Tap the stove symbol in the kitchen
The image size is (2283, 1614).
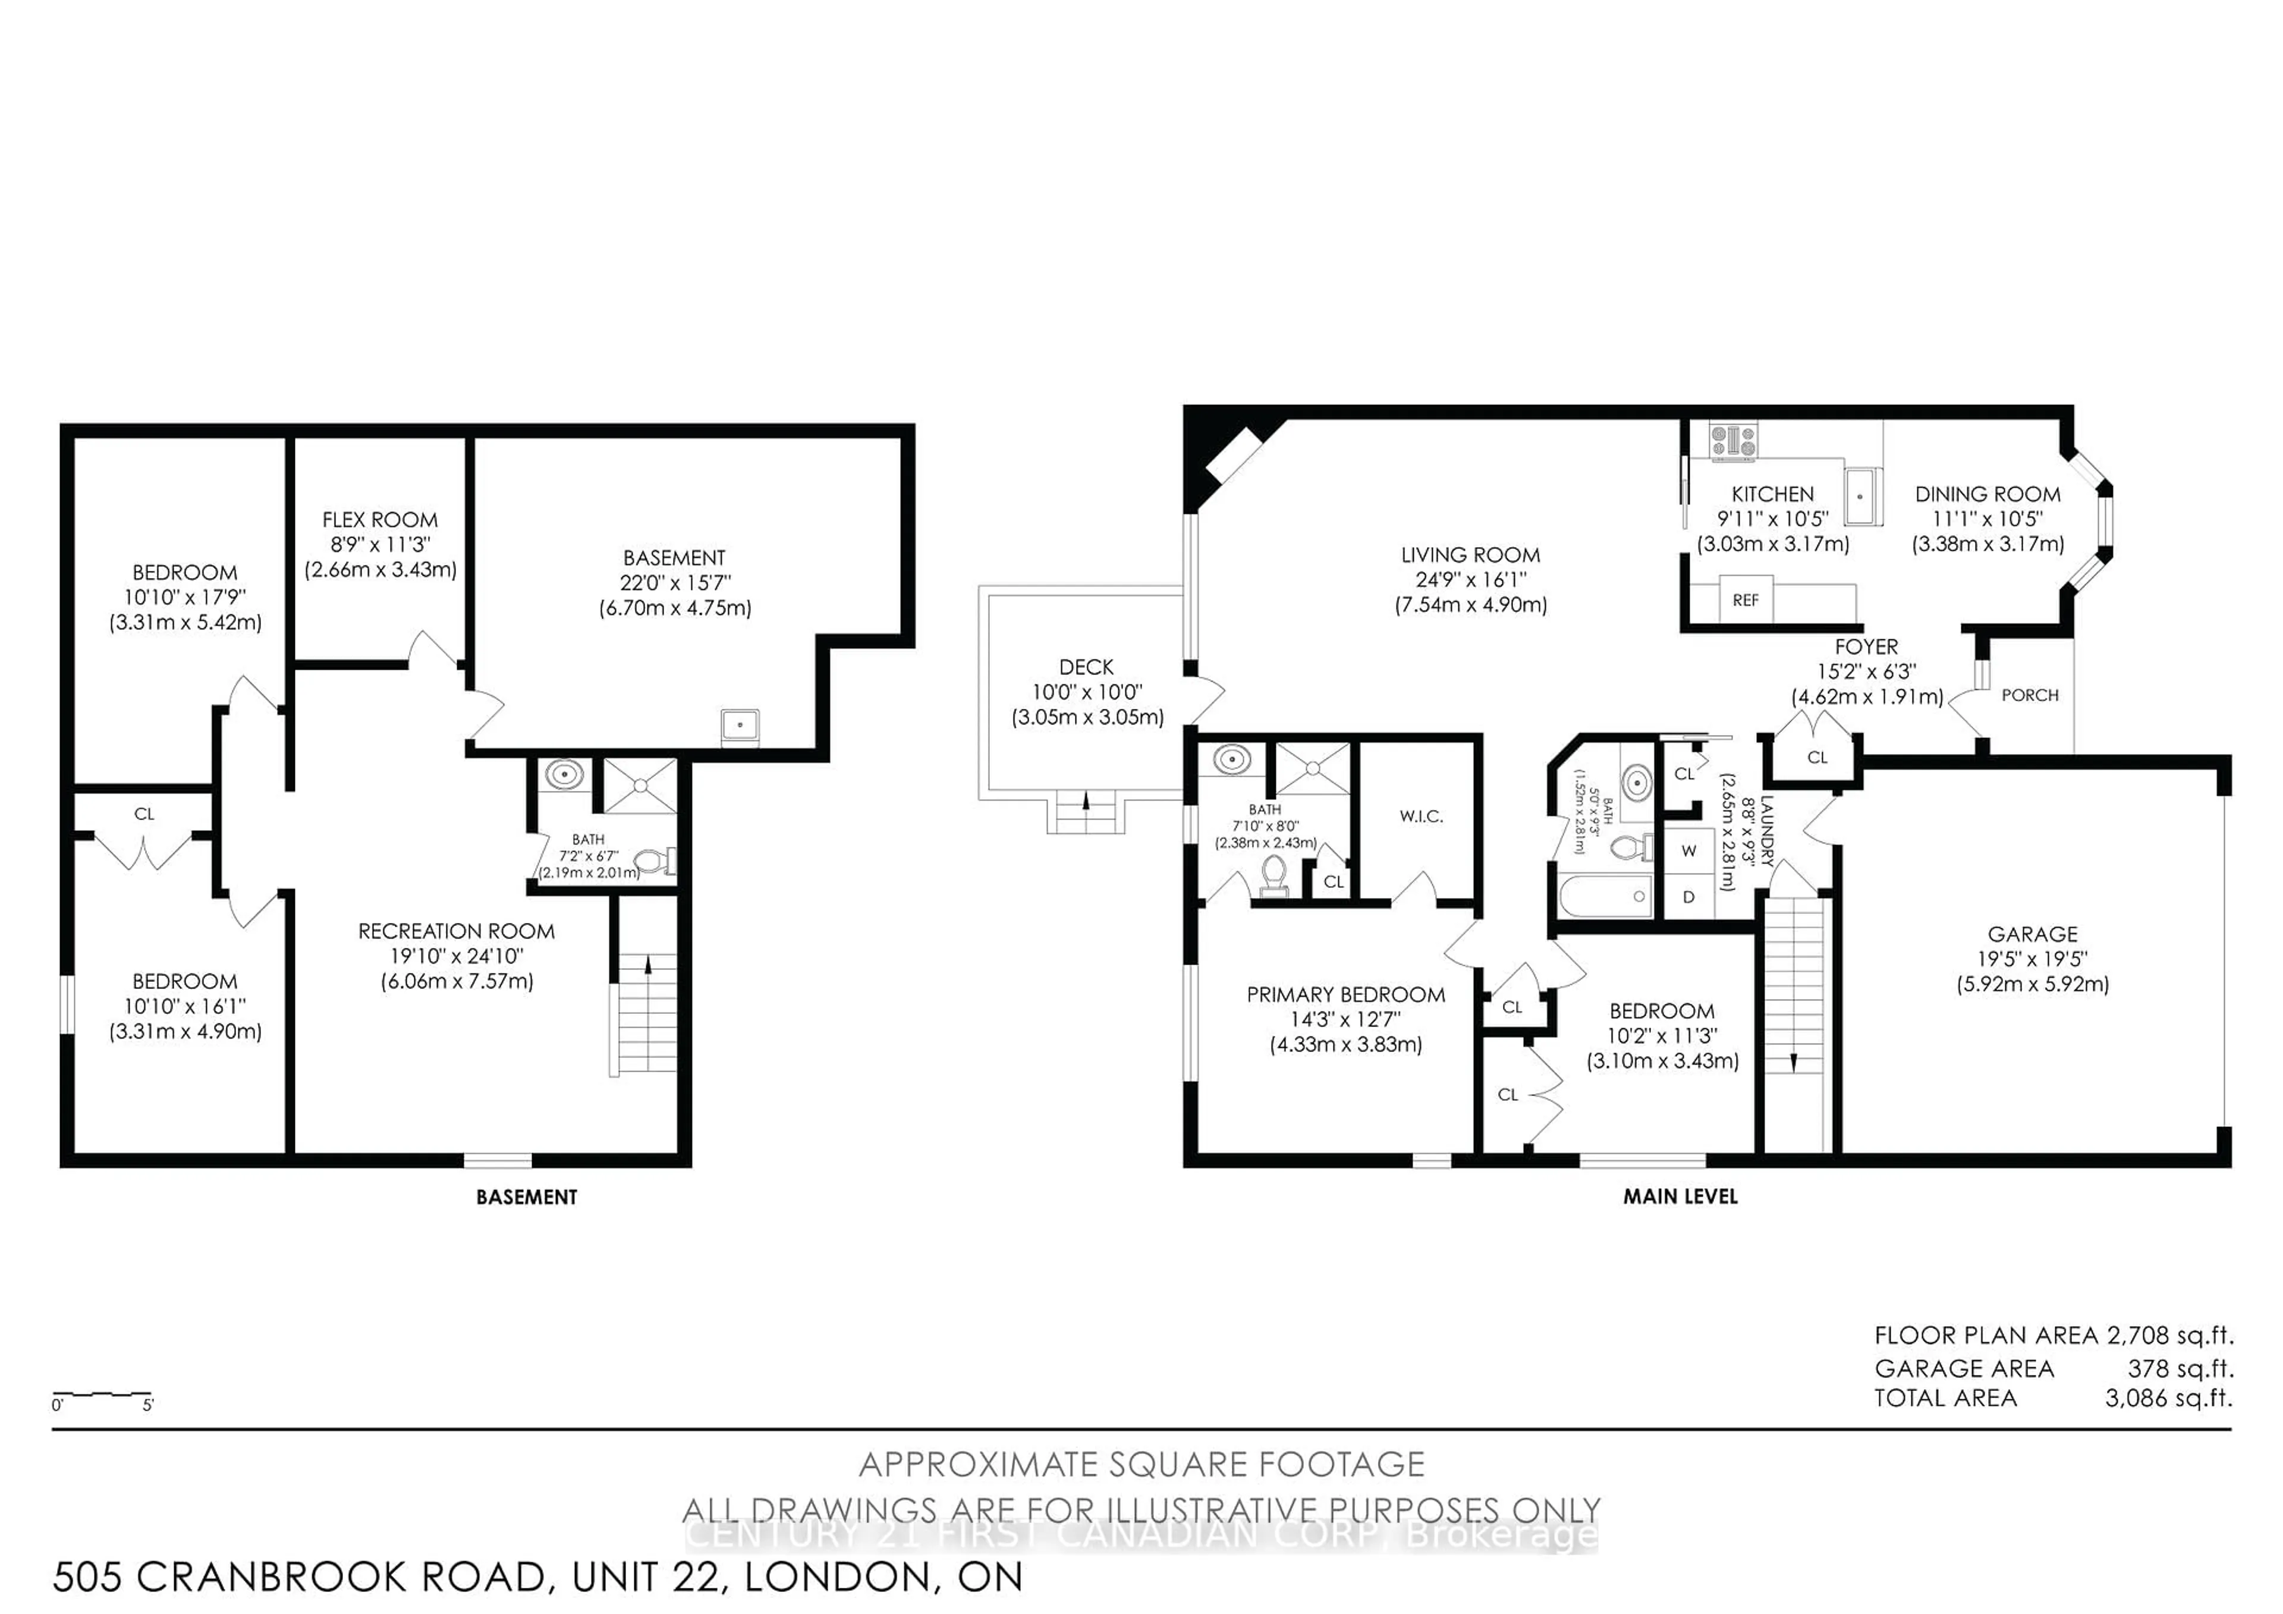(1733, 441)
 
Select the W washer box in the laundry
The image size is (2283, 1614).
(1688, 851)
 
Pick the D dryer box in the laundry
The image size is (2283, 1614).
(1688, 897)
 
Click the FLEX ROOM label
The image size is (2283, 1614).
(380, 520)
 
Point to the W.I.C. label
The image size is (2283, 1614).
(1421, 817)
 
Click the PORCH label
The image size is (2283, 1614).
(2030, 695)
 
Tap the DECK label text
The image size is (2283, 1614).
(1086, 667)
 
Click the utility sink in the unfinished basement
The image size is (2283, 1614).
(740, 725)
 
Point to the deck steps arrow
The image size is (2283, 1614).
(1086, 799)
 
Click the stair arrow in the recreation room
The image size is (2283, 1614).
(648, 963)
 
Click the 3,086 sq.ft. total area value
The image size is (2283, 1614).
(2168, 1398)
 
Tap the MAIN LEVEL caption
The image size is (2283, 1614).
(1680, 1197)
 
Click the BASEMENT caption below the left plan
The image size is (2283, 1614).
(526, 1197)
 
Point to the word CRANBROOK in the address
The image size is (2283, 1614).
(341, 1577)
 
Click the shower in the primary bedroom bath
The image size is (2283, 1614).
(1313, 768)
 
